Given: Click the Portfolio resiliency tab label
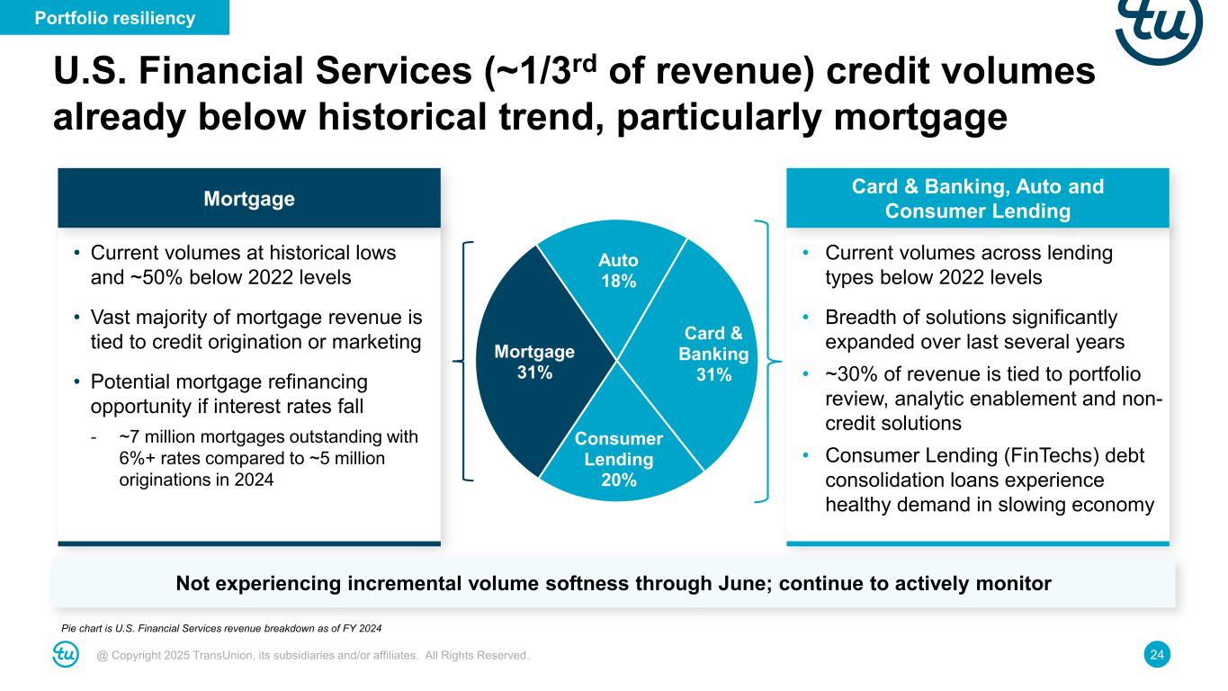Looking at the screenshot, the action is click(x=114, y=18).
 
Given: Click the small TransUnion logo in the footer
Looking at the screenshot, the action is click(x=66, y=654).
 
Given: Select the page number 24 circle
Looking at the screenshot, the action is click(x=1157, y=655).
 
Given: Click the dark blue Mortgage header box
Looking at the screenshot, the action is click(x=249, y=198).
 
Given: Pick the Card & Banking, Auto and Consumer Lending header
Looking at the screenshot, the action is click(x=978, y=198).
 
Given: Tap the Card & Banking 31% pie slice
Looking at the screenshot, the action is click(x=707, y=355).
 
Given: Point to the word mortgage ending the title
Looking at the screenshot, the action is click(x=920, y=119).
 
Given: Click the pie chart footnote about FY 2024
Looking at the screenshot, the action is click(x=221, y=629).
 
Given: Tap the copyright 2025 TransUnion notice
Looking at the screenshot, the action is click(x=312, y=655).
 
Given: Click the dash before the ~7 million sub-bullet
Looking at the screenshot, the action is click(x=94, y=437).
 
